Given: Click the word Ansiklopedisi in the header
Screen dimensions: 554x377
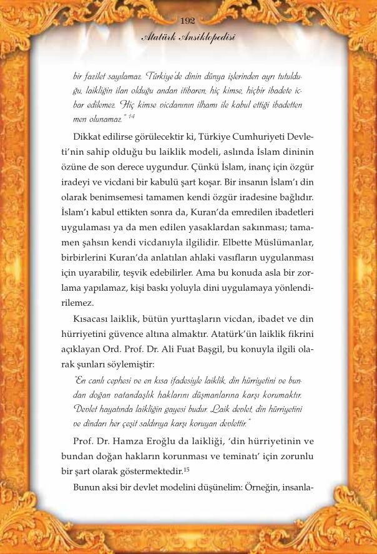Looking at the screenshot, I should point(209,37).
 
